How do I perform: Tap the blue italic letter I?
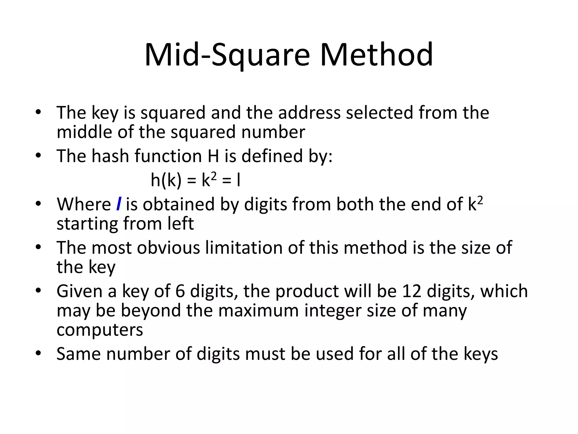(119, 204)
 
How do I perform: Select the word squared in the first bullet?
(173, 113)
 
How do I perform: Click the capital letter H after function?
(213, 156)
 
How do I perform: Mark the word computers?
(100, 330)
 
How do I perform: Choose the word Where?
(84, 204)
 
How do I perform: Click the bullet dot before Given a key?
(38, 290)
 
